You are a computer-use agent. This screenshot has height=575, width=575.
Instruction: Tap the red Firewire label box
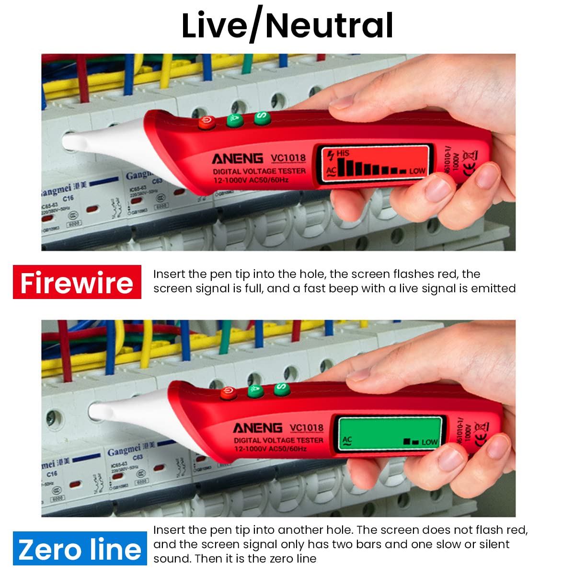tap(77, 282)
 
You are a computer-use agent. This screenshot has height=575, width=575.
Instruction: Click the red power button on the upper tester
tap(207, 123)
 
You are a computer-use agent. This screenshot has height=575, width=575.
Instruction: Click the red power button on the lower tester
tap(228, 394)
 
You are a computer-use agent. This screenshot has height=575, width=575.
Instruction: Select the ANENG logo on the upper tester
tap(238, 159)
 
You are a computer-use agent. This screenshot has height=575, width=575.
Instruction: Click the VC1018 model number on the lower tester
tap(307, 427)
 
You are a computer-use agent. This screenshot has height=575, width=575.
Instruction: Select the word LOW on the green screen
tap(429, 442)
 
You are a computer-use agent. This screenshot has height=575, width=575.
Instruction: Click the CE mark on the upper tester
tap(470, 167)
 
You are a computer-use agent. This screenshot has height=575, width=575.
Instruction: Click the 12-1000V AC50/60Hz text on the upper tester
tap(251, 181)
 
